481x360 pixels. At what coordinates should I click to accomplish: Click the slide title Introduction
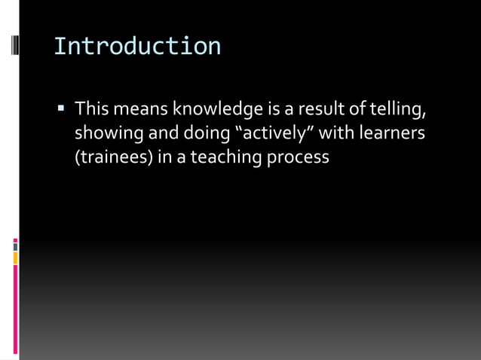pyautogui.click(x=137, y=47)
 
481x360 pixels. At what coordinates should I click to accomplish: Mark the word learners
pyautogui.click(x=392, y=134)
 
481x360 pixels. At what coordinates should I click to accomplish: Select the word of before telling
pyautogui.click(x=367, y=111)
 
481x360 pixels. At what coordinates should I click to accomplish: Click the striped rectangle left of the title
pyautogui.click(x=14, y=46)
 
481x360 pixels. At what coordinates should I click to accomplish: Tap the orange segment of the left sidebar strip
pyautogui.click(x=15, y=258)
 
